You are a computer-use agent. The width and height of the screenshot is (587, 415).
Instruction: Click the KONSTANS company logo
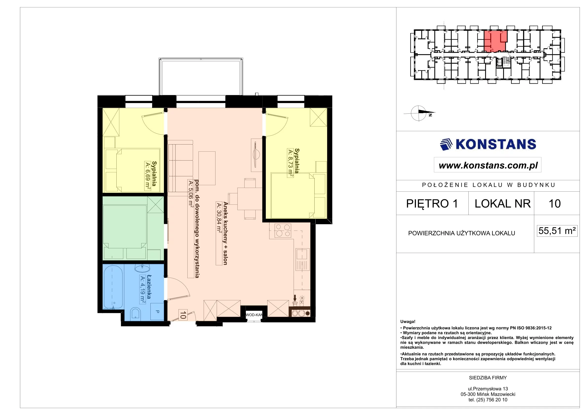pos(488,144)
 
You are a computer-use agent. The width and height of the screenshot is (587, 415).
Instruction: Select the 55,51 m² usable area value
pos(557,231)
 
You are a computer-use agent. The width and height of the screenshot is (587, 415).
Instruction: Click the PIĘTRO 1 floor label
pos(432,203)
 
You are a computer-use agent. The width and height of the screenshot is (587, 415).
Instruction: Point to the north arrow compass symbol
pos(419,113)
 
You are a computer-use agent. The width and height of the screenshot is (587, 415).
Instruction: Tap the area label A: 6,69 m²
pos(148,176)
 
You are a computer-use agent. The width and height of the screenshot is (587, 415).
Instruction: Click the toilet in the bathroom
pos(136,314)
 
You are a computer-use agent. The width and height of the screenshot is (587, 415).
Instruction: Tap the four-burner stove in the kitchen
pos(283,231)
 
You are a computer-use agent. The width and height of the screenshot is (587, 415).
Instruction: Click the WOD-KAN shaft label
pos(254,315)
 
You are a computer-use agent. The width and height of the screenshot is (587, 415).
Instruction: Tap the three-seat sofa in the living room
pos(180,168)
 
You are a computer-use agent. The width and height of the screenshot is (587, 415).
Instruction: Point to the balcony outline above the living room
pos(201,77)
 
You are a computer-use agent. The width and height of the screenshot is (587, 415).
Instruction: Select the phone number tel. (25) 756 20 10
pos(488,400)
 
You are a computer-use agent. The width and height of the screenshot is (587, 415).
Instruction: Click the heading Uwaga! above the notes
pos(408,322)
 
